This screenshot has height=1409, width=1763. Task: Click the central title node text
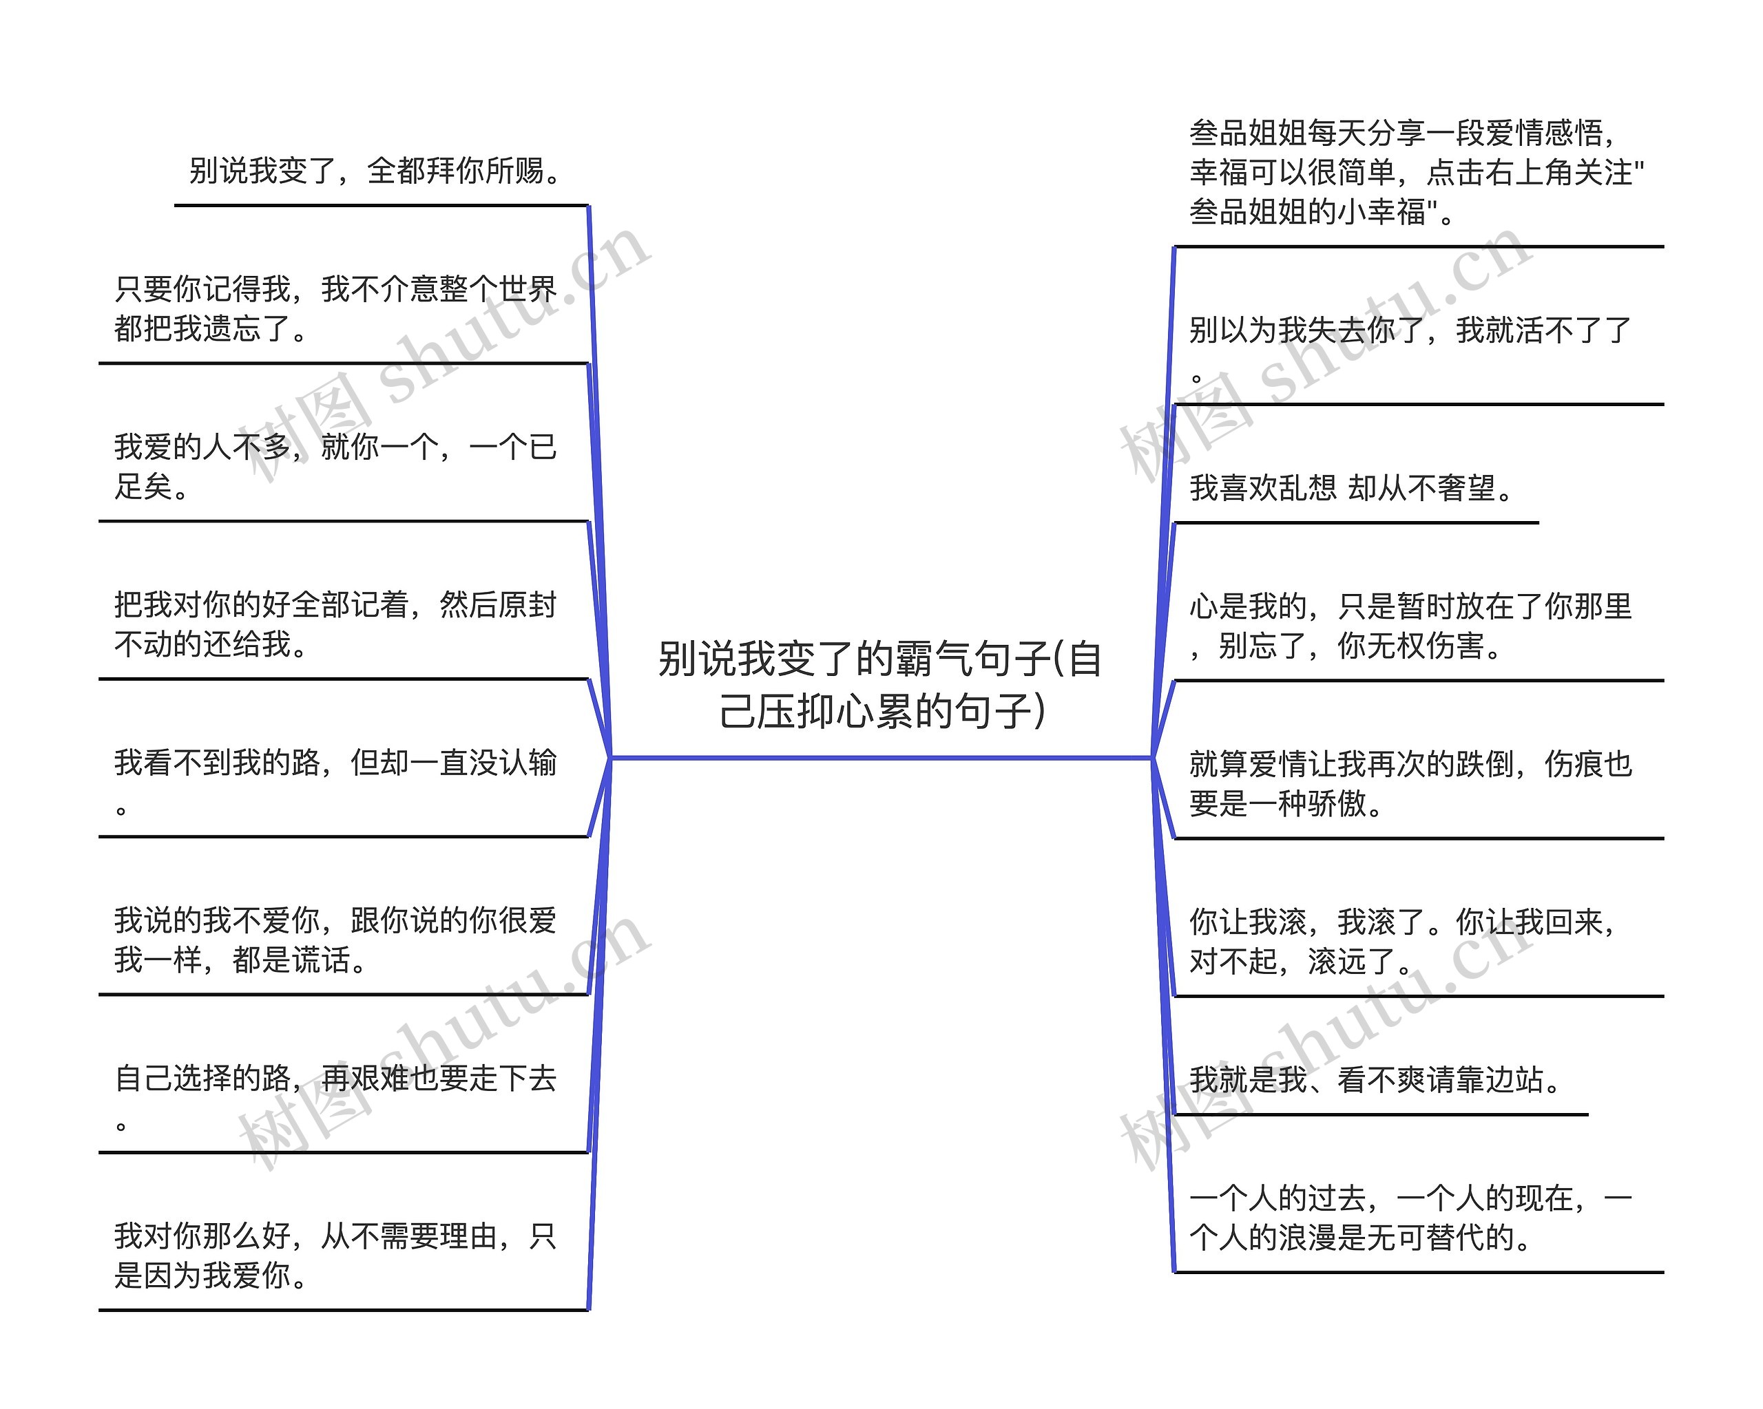click(881, 684)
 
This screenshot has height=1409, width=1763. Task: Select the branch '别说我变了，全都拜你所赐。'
click(375, 171)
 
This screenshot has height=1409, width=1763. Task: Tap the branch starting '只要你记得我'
click(336, 308)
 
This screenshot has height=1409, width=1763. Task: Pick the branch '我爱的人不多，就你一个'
click(336, 466)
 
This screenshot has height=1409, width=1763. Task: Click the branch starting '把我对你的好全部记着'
click(336, 624)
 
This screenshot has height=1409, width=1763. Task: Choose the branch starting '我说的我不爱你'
click(336, 939)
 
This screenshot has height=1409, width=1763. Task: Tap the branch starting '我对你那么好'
click(336, 1255)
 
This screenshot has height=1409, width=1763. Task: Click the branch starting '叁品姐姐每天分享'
click(1417, 171)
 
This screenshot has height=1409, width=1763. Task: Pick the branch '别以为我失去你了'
click(1411, 349)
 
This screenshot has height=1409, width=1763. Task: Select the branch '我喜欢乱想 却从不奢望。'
click(1353, 488)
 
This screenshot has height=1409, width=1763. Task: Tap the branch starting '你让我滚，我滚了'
click(1404, 941)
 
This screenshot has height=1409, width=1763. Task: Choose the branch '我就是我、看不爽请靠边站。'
click(1377, 1079)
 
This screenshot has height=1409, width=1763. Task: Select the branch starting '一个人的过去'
click(1411, 1217)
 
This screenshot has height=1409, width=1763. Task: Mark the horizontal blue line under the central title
click(881, 758)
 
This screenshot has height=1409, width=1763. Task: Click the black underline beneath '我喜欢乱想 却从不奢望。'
click(1356, 522)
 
